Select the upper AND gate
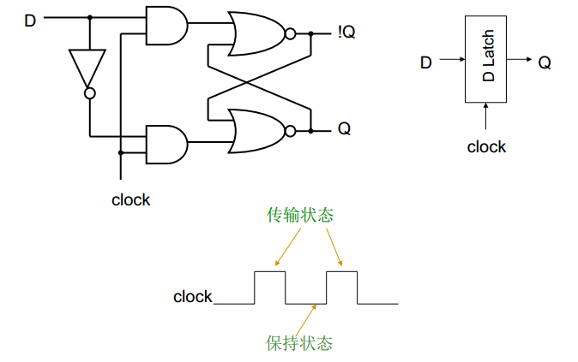(166, 26)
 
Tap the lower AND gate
(166, 145)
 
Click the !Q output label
(346, 33)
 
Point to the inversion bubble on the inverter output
(88, 92)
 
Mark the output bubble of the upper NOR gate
(291, 34)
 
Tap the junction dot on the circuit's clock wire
(121, 153)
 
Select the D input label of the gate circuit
(30, 19)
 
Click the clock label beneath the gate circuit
(130, 200)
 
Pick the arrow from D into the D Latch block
(451, 62)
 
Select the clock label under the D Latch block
(486, 147)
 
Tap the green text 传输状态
(300, 216)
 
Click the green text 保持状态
(299, 344)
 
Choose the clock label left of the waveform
(192, 297)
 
